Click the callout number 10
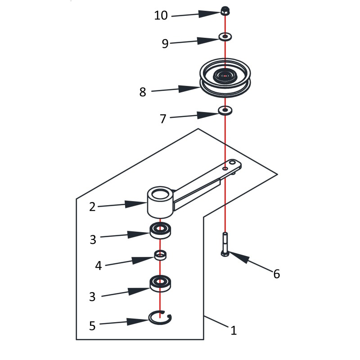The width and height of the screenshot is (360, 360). click(x=161, y=15)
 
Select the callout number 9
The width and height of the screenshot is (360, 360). click(x=165, y=43)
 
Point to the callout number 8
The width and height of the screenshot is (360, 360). click(x=143, y=92)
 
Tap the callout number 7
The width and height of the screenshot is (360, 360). click(x=163, y=119)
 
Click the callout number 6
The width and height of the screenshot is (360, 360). click(x=276, y=273)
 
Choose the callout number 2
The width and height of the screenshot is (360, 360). click(x=92, y=207)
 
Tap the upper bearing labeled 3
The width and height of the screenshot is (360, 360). click(x=161, y=230)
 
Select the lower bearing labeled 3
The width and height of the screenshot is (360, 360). click(x=161, y=283)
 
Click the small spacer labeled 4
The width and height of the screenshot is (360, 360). click(x=161, y=256)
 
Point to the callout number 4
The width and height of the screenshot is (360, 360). click(x=98, y=265)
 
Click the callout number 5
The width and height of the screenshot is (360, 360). click(x=92, y=326)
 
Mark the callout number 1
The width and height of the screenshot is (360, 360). click(x=233, y=331)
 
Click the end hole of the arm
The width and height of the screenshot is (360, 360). click(x=232, y=162)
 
